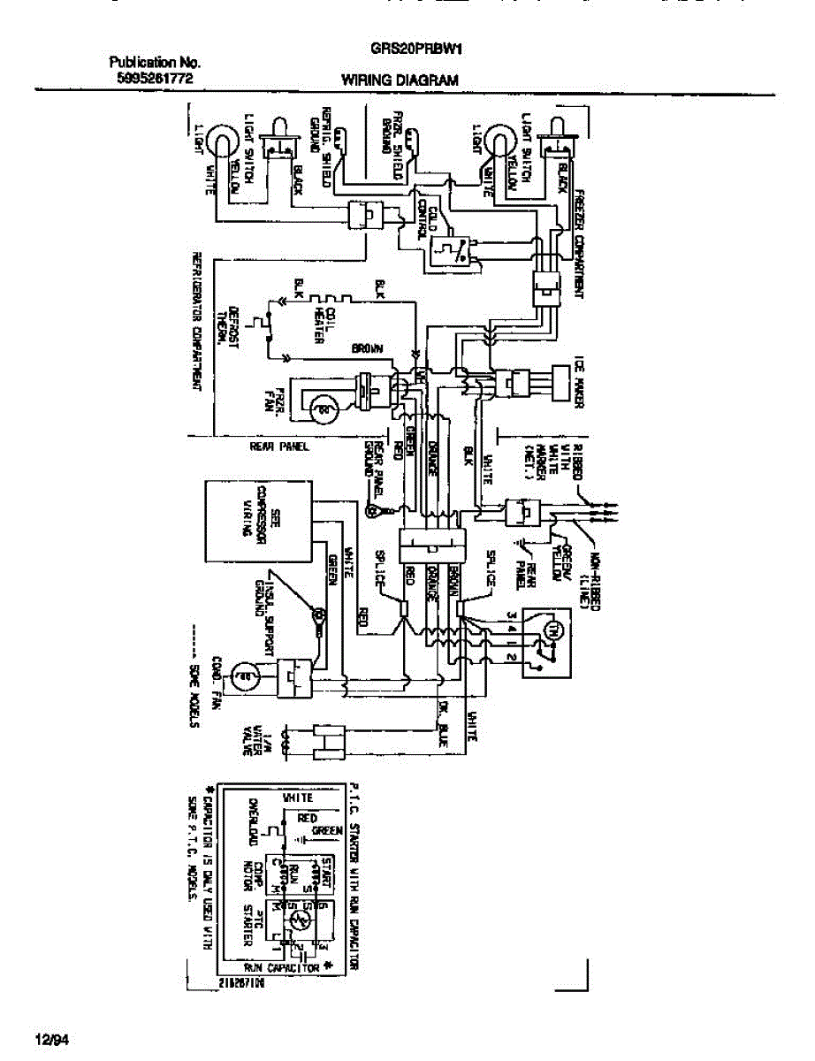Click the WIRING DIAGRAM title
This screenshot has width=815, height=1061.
[400, 80]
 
